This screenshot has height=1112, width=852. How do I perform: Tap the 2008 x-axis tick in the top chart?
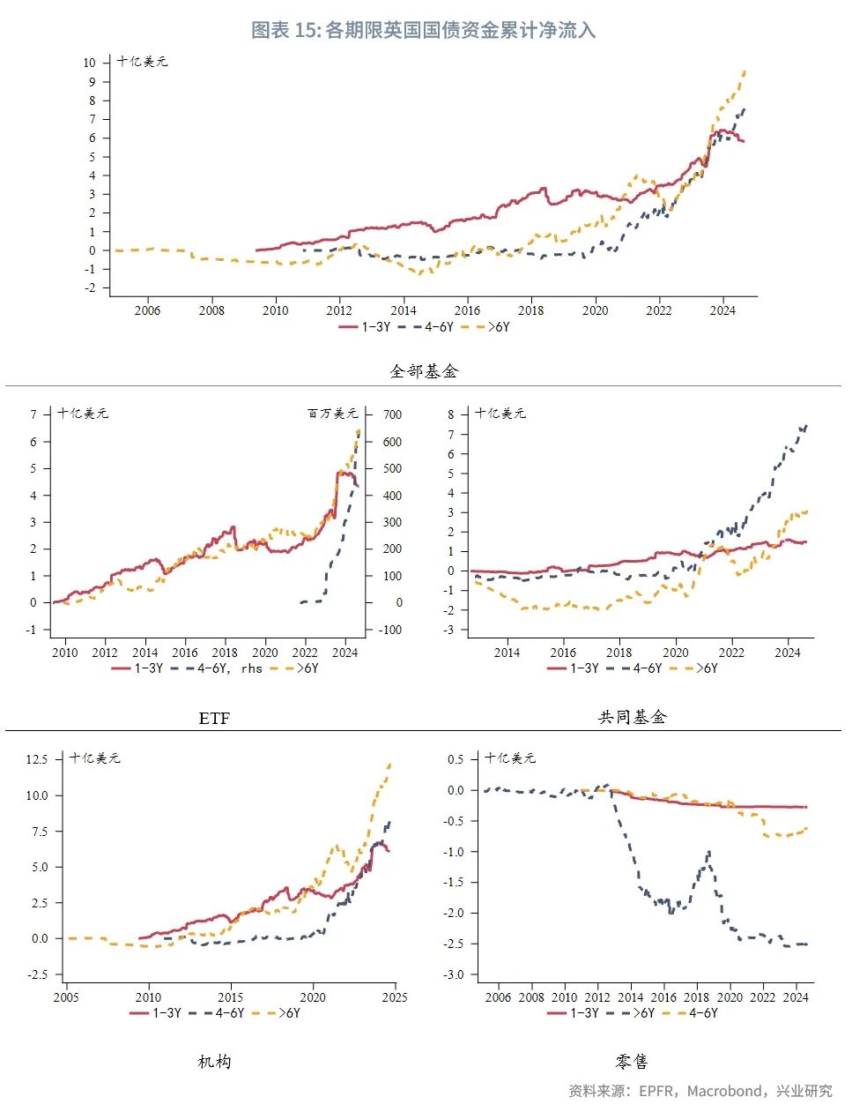pyautogui.click(x=211, y=310)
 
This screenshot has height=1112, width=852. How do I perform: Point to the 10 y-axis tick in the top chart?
pyautogui.click(x=90, y=63)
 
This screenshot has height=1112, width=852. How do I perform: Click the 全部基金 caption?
pyautogui.click(x=424, y=371)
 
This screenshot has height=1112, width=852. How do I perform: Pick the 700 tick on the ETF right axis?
pyautogui.click(x=392, y=414)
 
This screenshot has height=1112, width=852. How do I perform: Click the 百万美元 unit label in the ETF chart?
pyautogui.click(x=332, y=414)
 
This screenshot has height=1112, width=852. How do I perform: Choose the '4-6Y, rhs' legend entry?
pyautogui.click(x=217, y=668)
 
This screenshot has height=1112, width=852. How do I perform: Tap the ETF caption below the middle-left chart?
pyautogui.click(x=214, y=719)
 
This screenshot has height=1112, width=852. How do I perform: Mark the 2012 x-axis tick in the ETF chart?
pyautogui.click(x=105, y=653)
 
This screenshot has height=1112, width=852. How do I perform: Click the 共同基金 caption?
pyautogui.click(x=632, y=717)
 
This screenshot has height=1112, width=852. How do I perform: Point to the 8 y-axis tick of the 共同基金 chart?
pyautogui.click(x=451, y=414)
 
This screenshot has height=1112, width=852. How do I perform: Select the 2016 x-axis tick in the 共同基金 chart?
pyautogui.click(x=563, y=653)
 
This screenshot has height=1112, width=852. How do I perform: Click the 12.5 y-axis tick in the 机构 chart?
pyautogui.click(x=37, y=759)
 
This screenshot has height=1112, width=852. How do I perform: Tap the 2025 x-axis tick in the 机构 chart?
pyautogui.click(x=395, y=997)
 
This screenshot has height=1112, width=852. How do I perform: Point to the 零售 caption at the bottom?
pyautogui.click(x=632, y=1062)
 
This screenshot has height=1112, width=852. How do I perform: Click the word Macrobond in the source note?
pyautogui.click(x=724, y=1091)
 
